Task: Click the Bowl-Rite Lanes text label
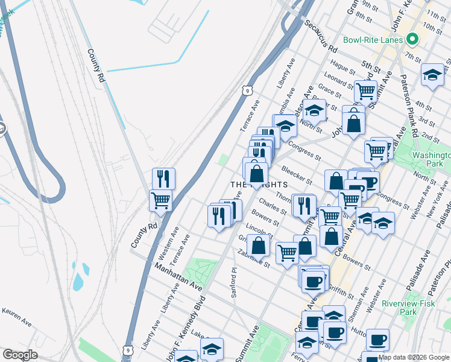tap(373, 40)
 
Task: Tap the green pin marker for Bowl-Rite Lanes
tap(412, 40)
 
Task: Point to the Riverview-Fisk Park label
tap(408, 308)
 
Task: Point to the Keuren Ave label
tap(16, 317)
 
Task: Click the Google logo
tap(20, 355)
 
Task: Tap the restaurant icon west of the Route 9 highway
tap(163, 179)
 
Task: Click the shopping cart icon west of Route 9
tap(160, 201)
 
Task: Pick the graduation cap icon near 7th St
tap(432, 75)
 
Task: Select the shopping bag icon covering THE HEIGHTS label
tap(257, 174)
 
